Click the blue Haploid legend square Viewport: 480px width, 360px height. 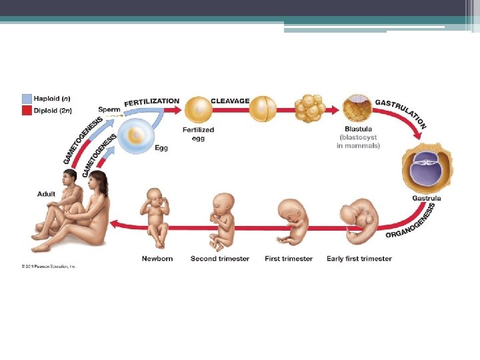click(x=27, y=97)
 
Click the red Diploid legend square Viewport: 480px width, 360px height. click(x=27, y=110)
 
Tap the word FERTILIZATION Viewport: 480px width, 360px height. click(x=151, y=101)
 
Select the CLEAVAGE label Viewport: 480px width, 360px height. click(x=230, y=101)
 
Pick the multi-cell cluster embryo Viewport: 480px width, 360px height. click(x=309, y=108)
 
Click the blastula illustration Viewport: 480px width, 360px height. click(x=357, y=107)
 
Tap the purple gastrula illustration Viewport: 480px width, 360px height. click(x=423, y=169)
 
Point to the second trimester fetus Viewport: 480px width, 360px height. click(x=223, y=220)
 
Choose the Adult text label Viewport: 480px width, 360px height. click(x=47, y=194)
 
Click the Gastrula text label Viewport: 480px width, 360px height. click(x=427, y=198)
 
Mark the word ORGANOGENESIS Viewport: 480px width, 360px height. click(x=411, y=222)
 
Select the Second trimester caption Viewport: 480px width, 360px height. click(x=220, y=259)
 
